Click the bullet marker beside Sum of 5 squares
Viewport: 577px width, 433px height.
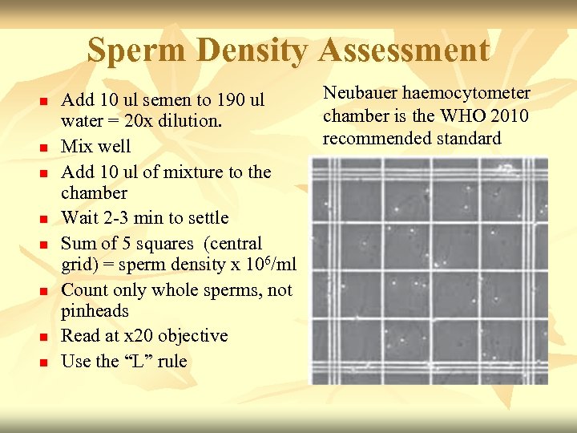(44, 245)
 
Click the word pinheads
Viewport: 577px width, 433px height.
(95, 311)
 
